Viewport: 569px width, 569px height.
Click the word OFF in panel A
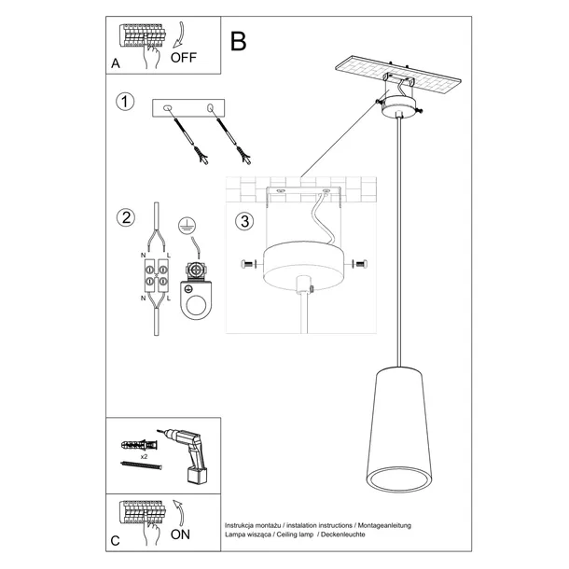click(x=185, y=58)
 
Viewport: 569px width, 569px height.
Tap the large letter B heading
click(x=239, y=41)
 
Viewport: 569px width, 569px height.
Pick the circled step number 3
click(x=244, y=222)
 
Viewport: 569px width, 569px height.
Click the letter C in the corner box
click(x=116, y=539)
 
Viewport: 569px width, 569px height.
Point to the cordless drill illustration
click(x=191, y=453)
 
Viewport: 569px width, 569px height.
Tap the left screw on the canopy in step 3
click(x=247, y=266)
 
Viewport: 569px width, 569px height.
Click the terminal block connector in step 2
click(x=155, y=276)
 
